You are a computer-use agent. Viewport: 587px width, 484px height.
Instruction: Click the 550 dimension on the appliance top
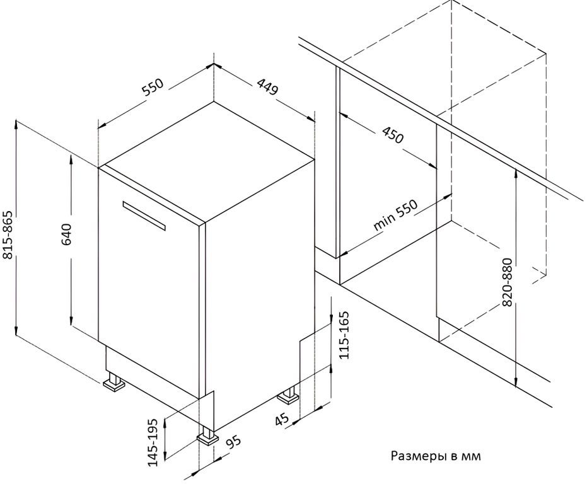click(x=153, y=87)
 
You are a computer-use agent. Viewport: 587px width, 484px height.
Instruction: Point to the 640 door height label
click(x=67, y=234)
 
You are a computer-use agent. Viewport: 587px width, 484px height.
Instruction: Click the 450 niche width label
click(x=393, y=135)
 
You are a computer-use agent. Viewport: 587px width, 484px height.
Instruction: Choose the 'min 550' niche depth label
click(x=395, y=216)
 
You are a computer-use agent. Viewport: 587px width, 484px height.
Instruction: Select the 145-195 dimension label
click(x=153, y=442)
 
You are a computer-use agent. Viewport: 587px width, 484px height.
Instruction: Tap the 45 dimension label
click(x=282, y=419)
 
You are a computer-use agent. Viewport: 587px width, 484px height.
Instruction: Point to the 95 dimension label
click(x=233, y=443)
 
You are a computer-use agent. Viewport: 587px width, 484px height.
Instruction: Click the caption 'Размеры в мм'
click(x=436, y=456)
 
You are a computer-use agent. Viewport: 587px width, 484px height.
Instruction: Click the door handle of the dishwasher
click(x=144, y=216)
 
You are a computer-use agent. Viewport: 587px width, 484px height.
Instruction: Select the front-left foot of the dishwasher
click(x=113, y=382)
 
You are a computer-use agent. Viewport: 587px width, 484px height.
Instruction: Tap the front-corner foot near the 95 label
click(x=207, y=435)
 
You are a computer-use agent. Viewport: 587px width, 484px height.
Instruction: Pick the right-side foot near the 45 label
click(x=288, y=395)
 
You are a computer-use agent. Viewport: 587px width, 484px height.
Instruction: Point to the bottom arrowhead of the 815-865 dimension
click(x=16, y=331)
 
